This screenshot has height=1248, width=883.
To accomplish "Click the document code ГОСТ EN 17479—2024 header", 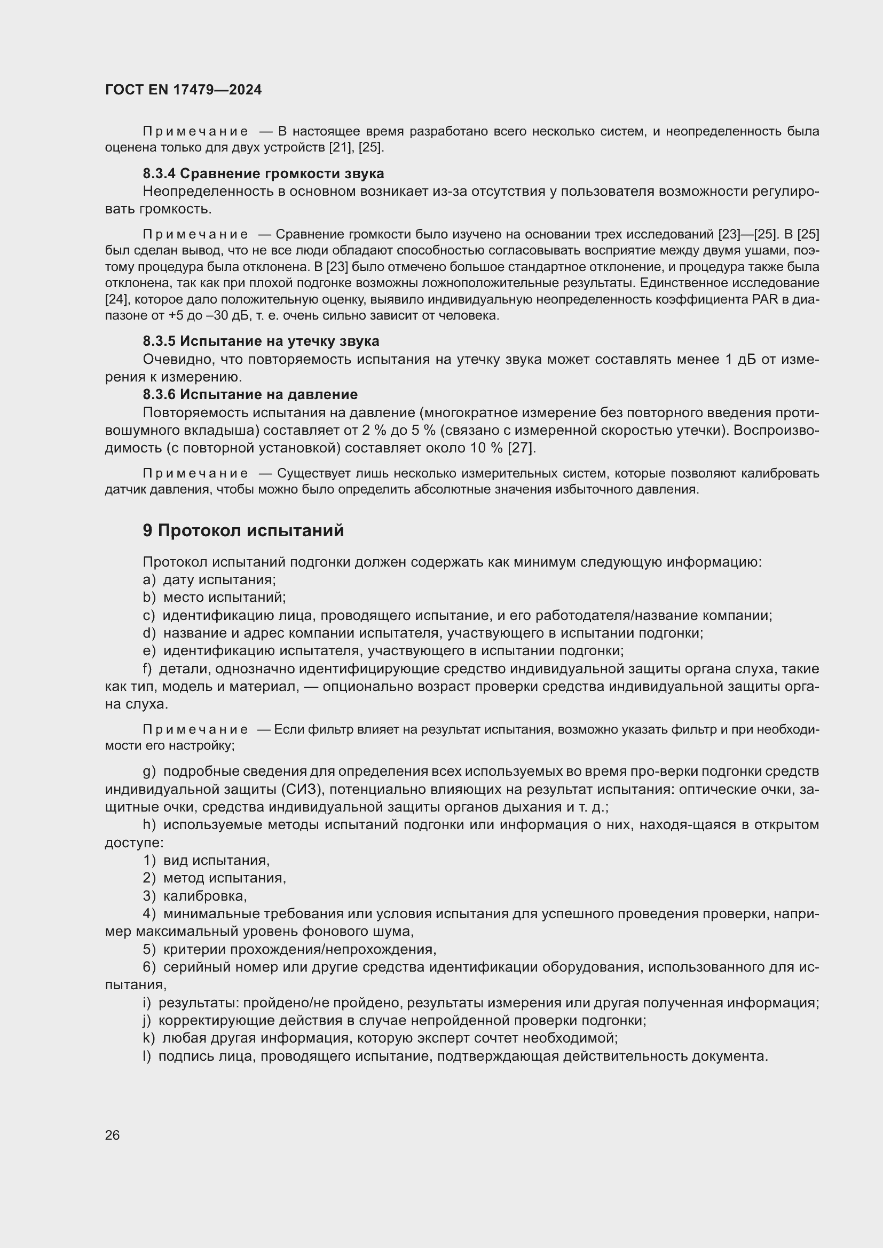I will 183,90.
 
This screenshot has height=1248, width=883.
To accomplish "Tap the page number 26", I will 112,1135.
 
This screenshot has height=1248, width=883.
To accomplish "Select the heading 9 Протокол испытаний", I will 243,530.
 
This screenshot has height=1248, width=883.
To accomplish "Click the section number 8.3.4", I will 159,173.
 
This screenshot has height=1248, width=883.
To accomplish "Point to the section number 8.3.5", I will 159,341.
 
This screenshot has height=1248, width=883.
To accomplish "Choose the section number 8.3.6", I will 159,394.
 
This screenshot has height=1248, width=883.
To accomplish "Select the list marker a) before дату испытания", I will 149,580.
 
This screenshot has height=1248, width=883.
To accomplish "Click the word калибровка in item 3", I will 205,896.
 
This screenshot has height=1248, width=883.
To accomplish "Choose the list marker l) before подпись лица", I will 147,1056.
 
